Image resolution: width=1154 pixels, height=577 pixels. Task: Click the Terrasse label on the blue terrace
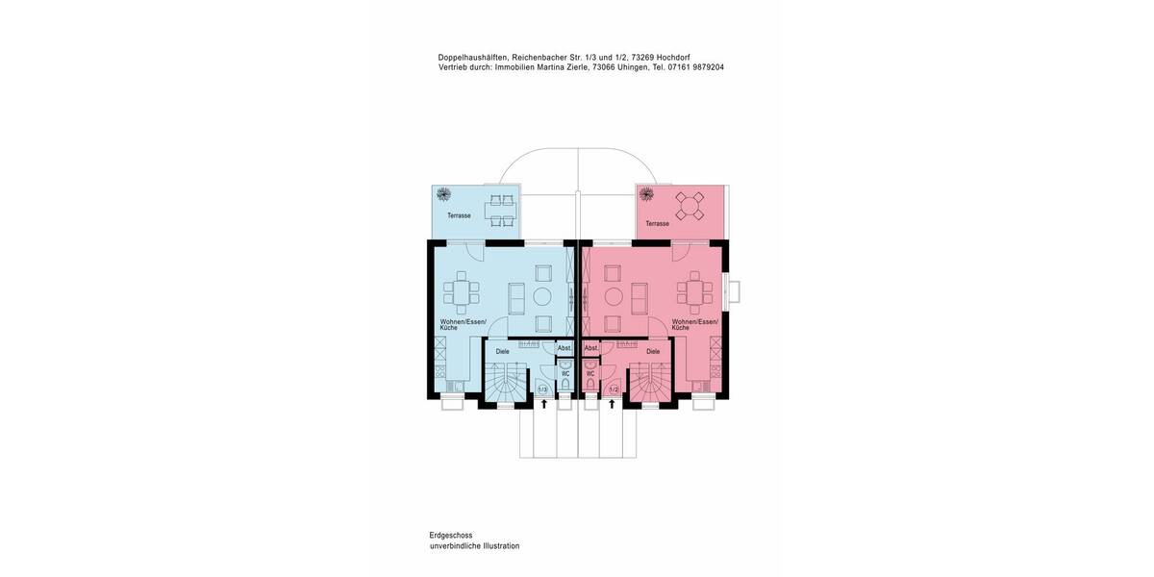point(459,215)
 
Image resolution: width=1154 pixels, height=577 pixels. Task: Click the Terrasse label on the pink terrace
point(657,223)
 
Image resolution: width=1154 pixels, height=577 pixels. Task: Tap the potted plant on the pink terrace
point(647,194)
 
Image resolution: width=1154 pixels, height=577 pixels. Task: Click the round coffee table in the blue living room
point(541,296)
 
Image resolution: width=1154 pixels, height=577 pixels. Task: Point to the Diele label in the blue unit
point(502,352)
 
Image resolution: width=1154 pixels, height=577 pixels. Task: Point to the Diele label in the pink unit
point(653,352)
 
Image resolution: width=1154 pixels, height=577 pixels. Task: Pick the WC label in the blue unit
point(565,373)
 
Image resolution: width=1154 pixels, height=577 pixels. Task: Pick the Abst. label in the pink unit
point(590,348)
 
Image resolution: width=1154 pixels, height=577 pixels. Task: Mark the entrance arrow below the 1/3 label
point(543,404)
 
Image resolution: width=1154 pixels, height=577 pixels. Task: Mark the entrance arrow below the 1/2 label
point(612,404)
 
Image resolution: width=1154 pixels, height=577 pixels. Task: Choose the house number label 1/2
point(613,389)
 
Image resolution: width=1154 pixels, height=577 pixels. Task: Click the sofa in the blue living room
point(516,297)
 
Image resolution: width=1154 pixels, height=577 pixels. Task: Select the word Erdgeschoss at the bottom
point(451,535)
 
